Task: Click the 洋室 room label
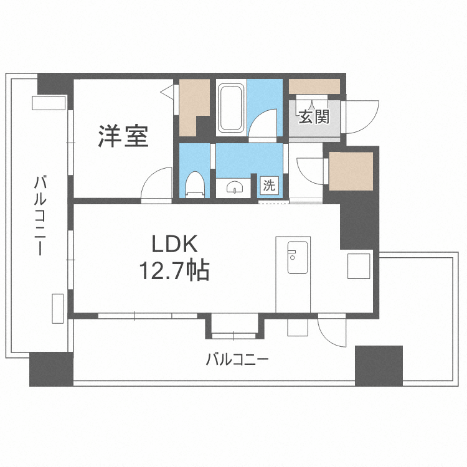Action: click(123, 136)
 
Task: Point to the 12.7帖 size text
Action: click(174, 271)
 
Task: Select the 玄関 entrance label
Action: click(313, 117)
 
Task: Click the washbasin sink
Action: click(235, 187)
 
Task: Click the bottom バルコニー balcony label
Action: click(236, 359)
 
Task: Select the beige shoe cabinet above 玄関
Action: click(314, 87)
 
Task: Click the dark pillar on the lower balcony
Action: click(379, 365)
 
